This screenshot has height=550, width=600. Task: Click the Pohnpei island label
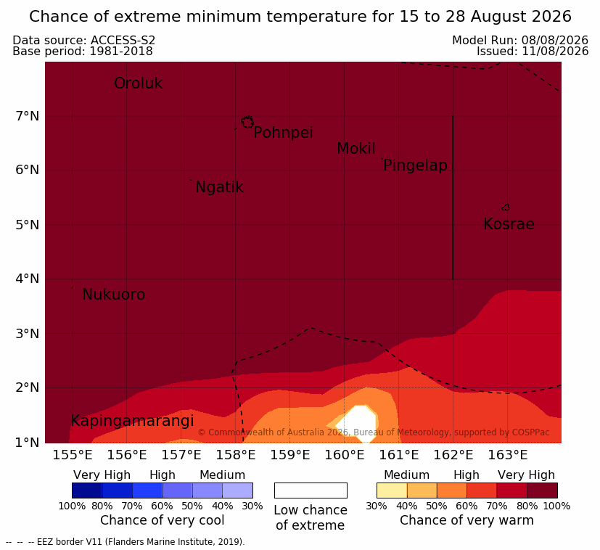(283, 133)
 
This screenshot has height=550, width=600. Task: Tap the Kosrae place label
(509, 224)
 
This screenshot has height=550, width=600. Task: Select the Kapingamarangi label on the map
(132, 421)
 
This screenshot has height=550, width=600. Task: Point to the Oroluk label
(138, 83)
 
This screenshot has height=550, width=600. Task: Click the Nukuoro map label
(114, 295)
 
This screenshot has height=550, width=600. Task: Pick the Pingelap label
(415, 165)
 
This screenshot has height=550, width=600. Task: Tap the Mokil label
(356, 149)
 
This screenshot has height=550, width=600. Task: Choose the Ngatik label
(219, 187)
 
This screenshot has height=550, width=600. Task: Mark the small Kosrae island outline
(506, 208)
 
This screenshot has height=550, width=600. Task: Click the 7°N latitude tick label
(28, 116)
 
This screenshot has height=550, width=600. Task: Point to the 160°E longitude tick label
(345, 455)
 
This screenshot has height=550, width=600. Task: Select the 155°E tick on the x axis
(73, 455)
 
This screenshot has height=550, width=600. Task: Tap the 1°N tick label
(28, 443)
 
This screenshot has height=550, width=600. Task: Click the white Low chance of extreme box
(311, 491)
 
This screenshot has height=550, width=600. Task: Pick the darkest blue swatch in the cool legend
(87, 491)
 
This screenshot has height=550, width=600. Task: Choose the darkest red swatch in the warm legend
(542, 491)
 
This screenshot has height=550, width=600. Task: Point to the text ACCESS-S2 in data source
(123, 40)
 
